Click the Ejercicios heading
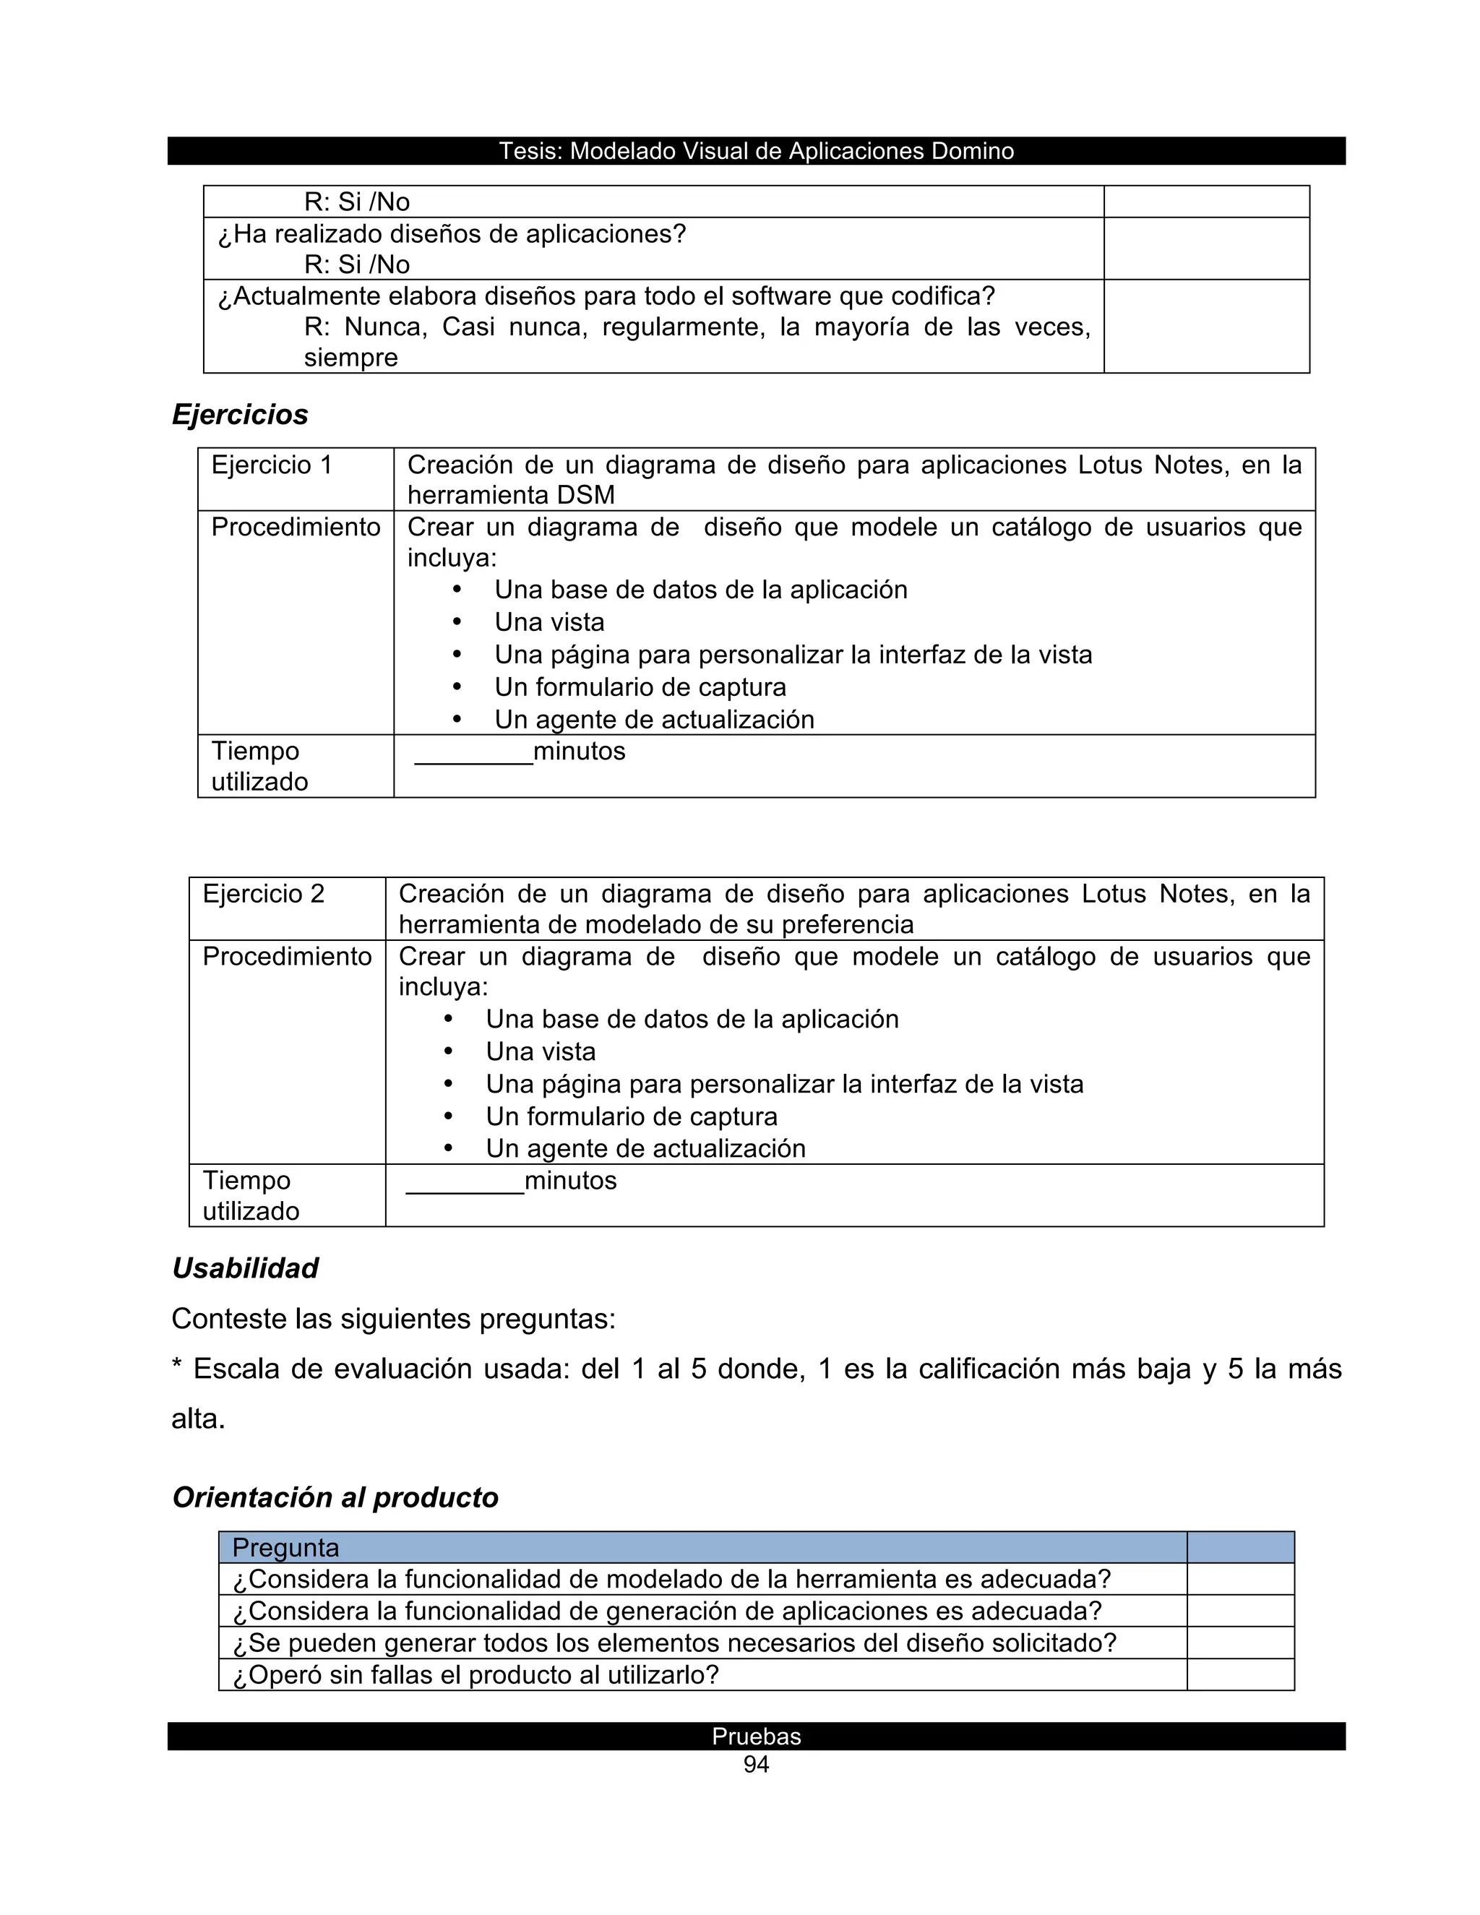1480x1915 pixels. pyautogui.click(x=239, y=415)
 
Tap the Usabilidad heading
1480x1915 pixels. pyautogui.click(x=245, y=1268)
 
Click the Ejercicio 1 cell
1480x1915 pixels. pyautogui.click(x=272, y=465)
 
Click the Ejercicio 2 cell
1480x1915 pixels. pyautogui.click(x=263, y=893)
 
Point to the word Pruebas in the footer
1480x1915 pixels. pyautogui.click(x=756, y=1736)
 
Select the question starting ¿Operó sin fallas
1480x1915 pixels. pyautogui.click(x=476, y=1675)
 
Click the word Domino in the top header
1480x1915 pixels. pyautogui.click(x=973, y=151)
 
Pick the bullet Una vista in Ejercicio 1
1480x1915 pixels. pyautogui.click(x=549, y=622)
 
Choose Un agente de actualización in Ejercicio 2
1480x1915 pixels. pyautogui.click(x=645, y=1149)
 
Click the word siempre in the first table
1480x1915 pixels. pyautogui.click(x=350, y=358)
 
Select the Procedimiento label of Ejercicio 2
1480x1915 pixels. pyautogui.click(x=287, y=956)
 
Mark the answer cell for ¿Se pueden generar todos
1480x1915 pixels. pyautogui.click(x=1240, y=1643)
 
